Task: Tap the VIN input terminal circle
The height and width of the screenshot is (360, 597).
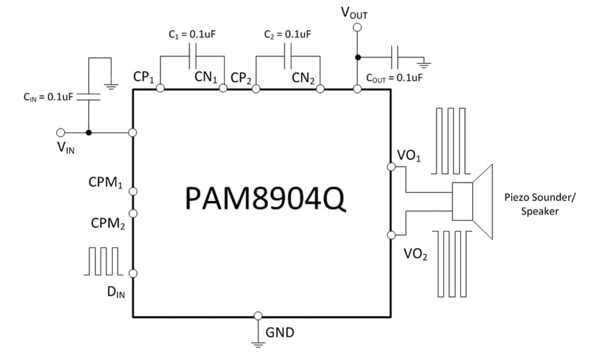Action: click(61, 133)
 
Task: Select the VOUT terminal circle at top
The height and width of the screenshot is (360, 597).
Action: click(357, 28)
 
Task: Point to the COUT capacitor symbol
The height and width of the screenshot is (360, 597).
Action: click(395, 57)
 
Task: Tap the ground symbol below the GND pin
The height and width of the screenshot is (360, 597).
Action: click(258, 342)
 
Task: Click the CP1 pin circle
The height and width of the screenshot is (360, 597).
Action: click(161, 89)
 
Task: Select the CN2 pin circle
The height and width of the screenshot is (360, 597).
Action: click(321, 89)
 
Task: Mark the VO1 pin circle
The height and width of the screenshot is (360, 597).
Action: click(391, 167)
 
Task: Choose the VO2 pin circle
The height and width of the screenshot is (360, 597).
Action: click(391, 235)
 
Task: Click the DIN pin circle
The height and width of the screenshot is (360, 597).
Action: click(133, 273)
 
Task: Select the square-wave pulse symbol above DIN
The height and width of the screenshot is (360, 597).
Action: click(102, 261)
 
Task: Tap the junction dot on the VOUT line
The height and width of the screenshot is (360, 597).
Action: click(357, 57)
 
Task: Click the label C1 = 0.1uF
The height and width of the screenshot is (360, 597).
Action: click(193, 35)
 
